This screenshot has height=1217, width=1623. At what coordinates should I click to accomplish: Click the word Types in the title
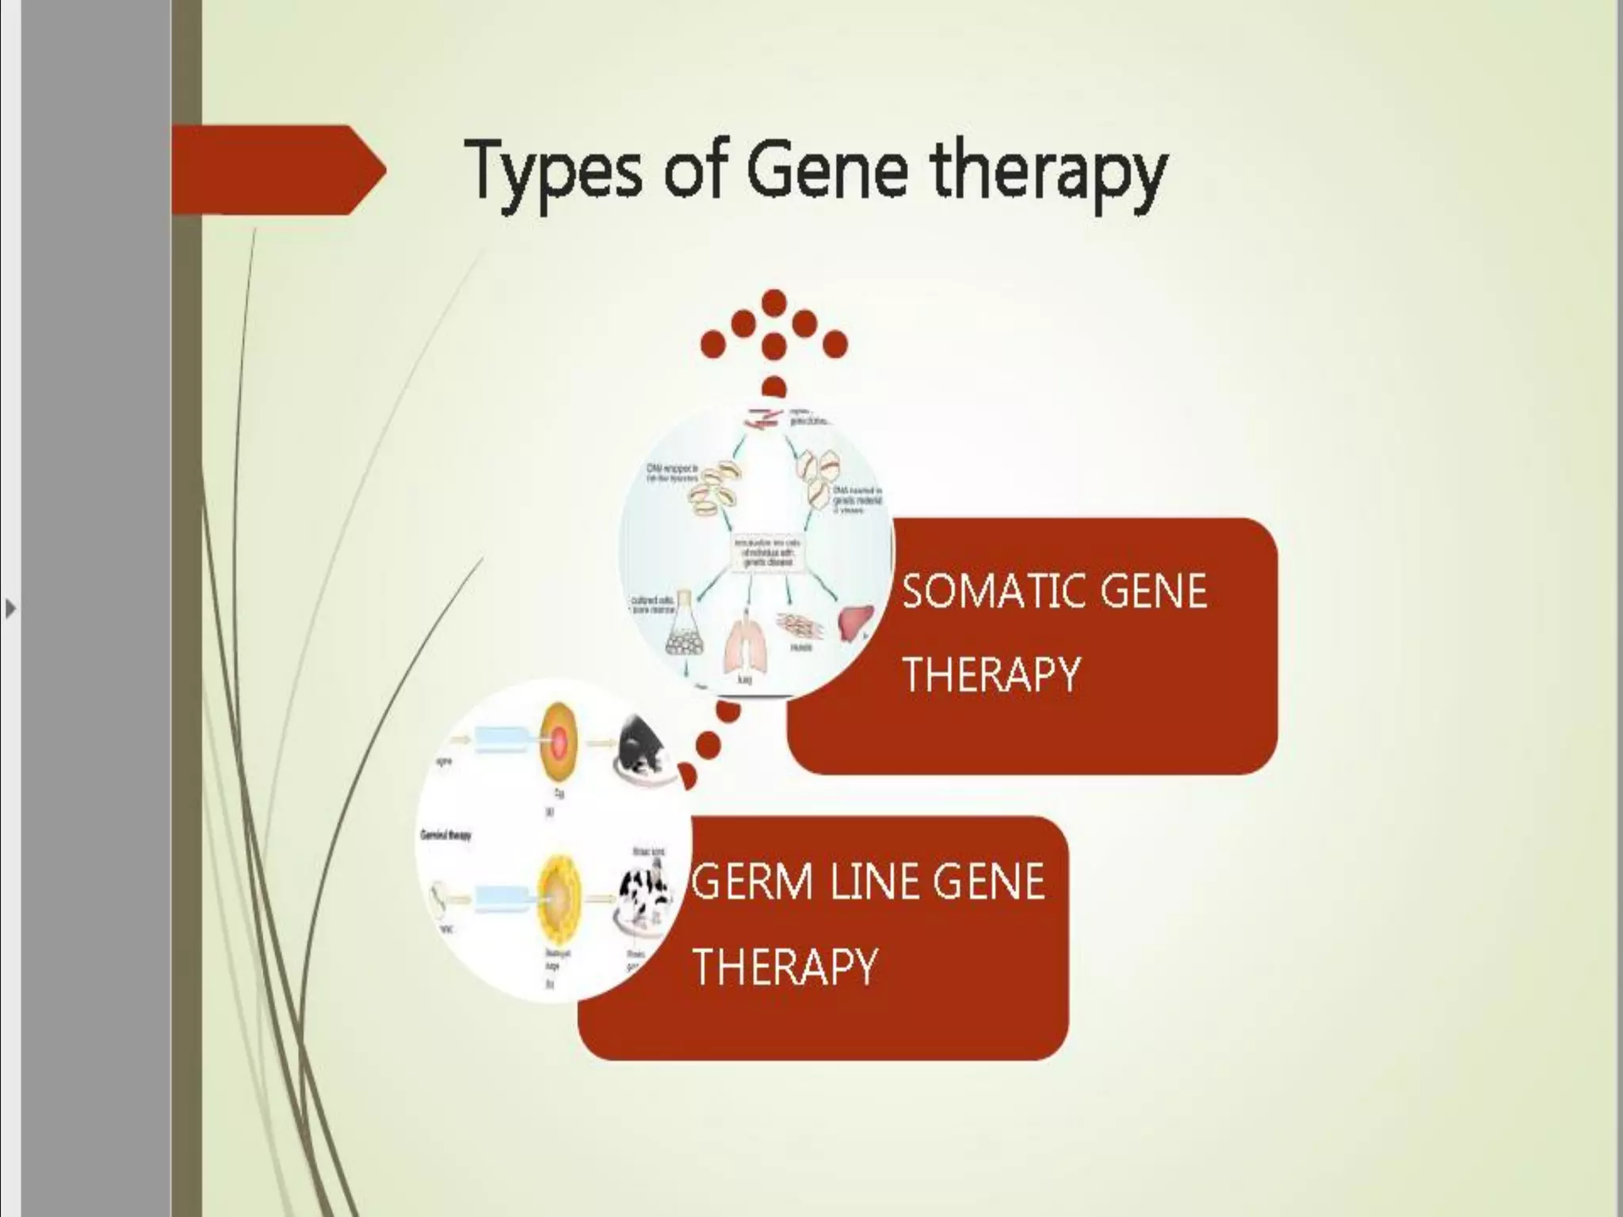click(552, 170)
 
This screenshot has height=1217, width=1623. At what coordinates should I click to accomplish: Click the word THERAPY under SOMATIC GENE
click(991, 675)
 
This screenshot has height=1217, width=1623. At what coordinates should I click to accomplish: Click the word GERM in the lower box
click(752, 883)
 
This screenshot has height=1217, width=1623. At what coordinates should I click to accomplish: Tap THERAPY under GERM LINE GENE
click(784, 966)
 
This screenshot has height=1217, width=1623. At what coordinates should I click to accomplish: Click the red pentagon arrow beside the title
click(277, 170)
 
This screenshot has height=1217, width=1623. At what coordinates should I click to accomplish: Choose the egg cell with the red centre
click(560, 742)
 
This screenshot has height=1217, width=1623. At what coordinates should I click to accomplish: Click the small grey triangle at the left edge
click(10, 609)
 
